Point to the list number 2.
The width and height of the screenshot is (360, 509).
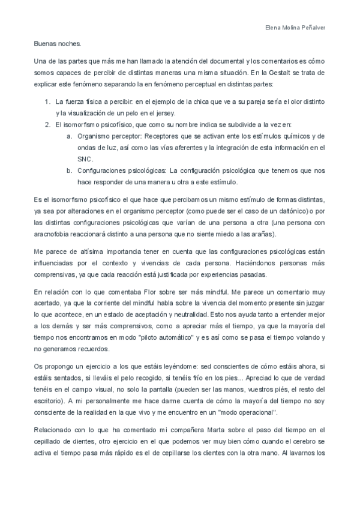(x=47, y=124)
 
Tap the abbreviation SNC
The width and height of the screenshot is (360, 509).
(x=85, y=158)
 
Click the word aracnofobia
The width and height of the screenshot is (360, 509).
(x=54, y=233)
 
